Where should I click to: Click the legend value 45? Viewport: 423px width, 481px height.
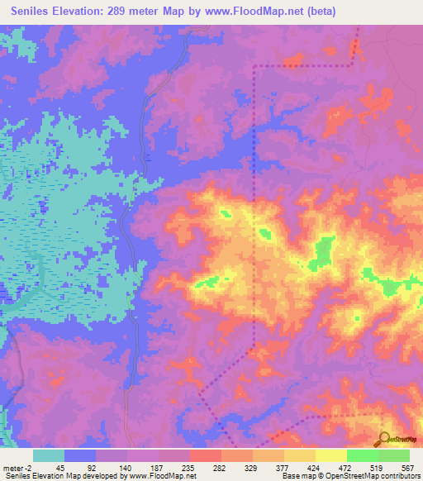tap(59, 467)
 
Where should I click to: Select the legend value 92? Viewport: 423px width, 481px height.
tap(91, 467)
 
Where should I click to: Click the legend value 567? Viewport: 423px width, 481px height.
tap(406, 467)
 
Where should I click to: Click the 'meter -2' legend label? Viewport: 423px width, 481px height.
tap(17, 467)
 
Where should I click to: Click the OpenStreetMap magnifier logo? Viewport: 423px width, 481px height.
tap(386, 440)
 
